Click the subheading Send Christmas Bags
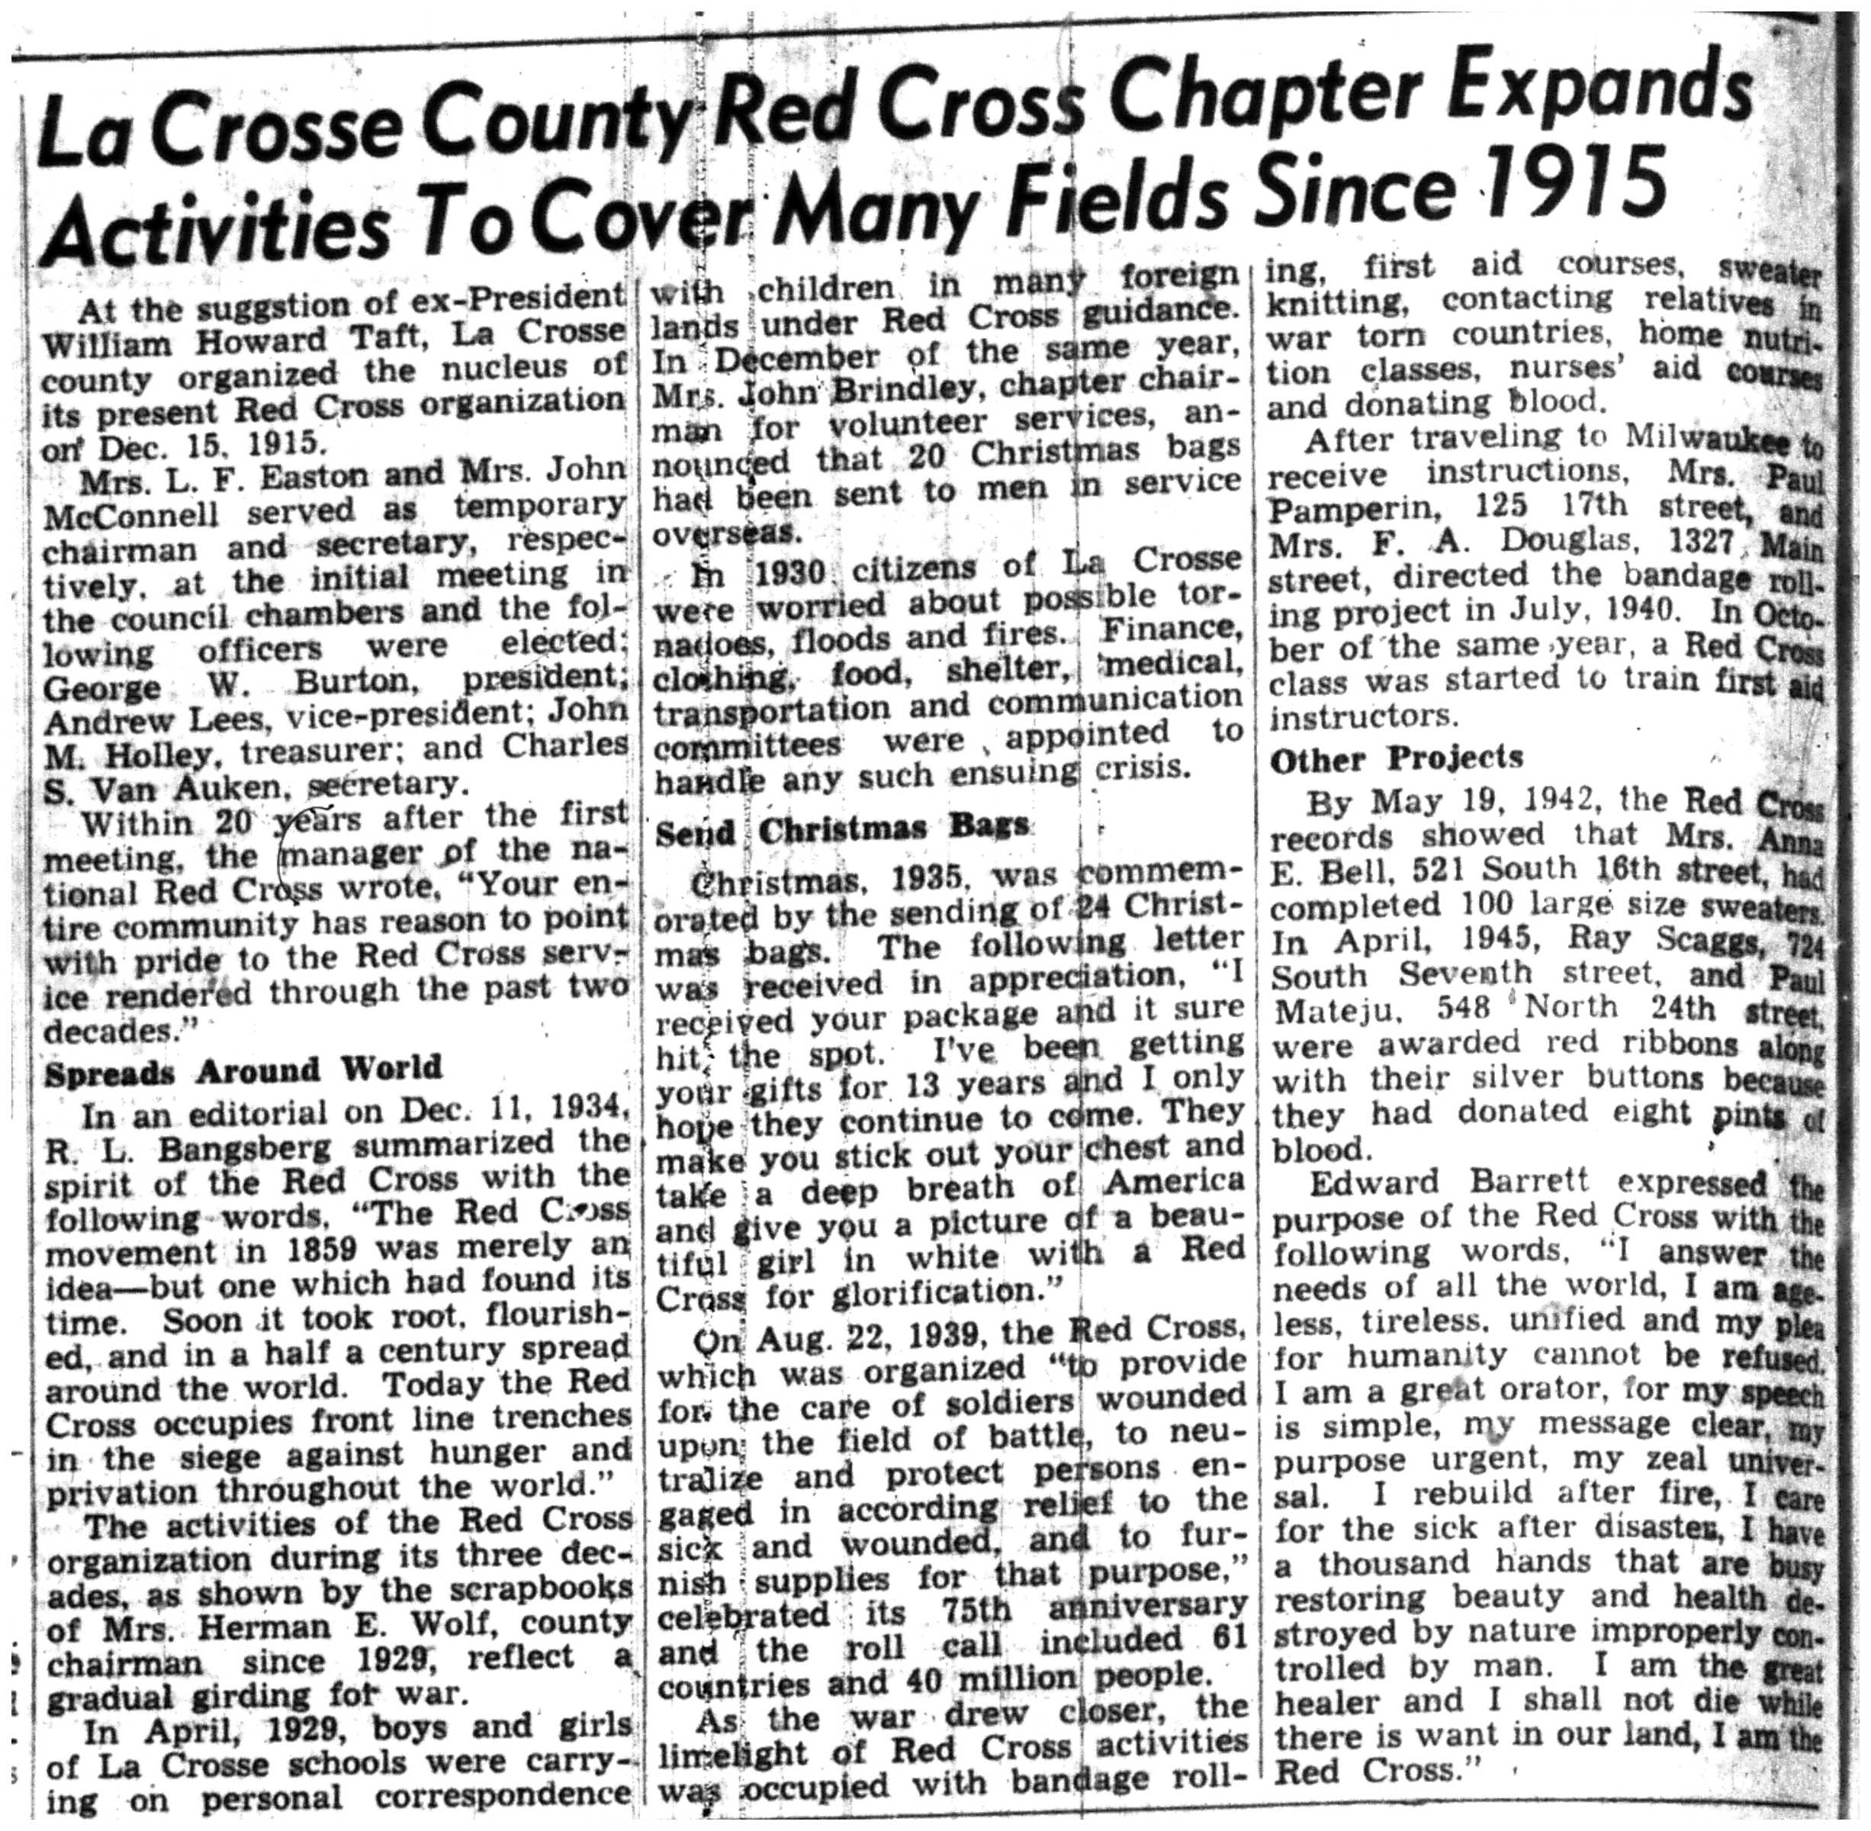[x=841, y=829]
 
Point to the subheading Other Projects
[x=1396, y=759]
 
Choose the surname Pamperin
[x=1346, y=507]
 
